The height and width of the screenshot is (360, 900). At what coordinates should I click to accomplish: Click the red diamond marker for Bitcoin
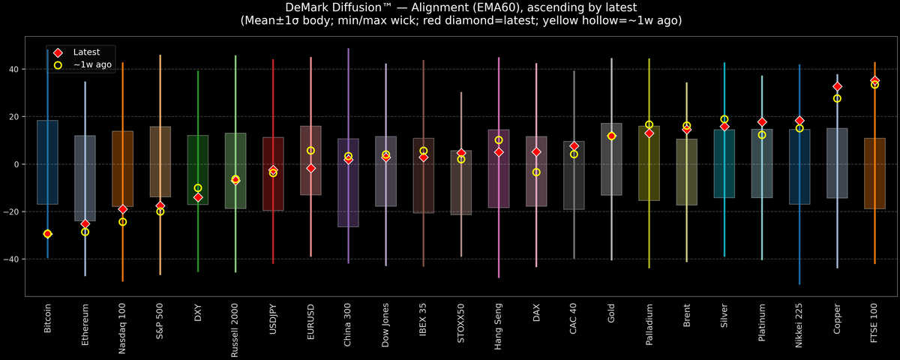coord(48,234)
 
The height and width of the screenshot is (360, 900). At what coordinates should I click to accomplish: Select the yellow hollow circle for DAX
coord(536,172)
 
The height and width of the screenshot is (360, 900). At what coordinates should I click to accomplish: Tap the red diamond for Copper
coord(837,87)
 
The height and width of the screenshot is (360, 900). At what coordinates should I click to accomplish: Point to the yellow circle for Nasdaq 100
coord(123,222)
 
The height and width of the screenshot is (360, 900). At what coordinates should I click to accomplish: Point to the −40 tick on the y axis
coord(14,259)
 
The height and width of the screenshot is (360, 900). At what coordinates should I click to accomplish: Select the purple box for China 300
coord(348,183)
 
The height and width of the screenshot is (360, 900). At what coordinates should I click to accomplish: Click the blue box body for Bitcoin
coord(48,162)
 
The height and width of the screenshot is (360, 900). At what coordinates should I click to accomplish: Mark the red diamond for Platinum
coord(762,122)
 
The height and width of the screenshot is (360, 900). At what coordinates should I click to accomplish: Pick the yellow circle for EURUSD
coord(310,151)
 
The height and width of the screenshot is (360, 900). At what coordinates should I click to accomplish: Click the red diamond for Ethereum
coord(85,223)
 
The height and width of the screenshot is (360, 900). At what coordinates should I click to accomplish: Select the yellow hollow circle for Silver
coord(724,119)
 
